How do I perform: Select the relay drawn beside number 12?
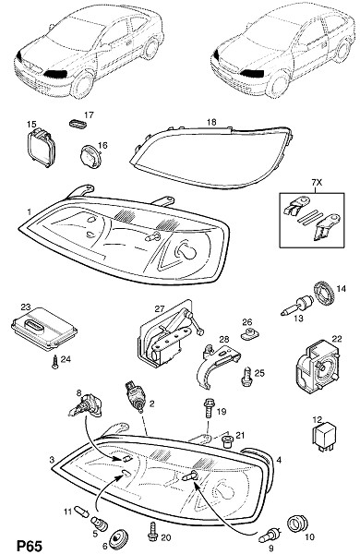(x=324, y=437)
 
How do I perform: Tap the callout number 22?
(x=337, y=339)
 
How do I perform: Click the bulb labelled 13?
(x=297, y=307)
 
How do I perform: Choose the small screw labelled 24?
(x=54, y=362)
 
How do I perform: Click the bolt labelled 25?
(x=246, y=376)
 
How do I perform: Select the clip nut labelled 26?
(x=249, y=332)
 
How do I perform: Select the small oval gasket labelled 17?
(x=78, y=124)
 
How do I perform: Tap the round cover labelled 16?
(x=90, y=157)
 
